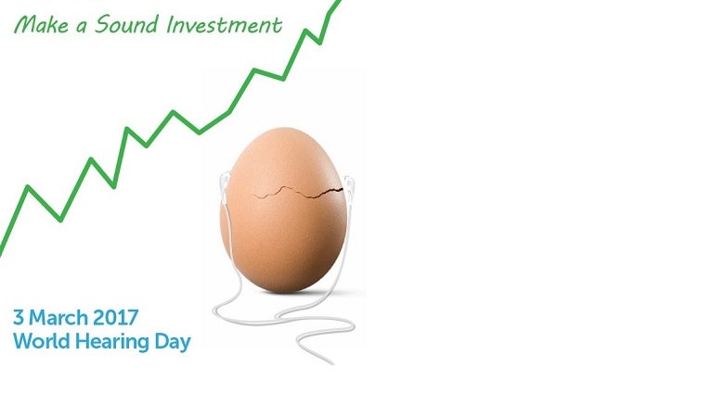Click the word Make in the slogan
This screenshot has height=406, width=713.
tap(42, 25)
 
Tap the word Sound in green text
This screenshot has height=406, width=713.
tap(126, 24)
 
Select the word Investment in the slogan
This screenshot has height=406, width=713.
tap(225, 25)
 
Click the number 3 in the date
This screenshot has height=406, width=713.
tap(19, 317)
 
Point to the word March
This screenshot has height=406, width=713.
tap(58, 317)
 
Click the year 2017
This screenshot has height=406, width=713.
tap(116, 317)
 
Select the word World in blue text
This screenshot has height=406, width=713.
tap(42, 341)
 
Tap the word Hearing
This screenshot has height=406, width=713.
tap(111, 342)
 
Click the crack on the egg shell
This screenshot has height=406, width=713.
tap(298, 193)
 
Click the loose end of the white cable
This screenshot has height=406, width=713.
tap(333, 363)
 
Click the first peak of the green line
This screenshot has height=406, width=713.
tap(28, 186)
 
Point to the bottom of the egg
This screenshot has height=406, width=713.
tap(284, 290)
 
